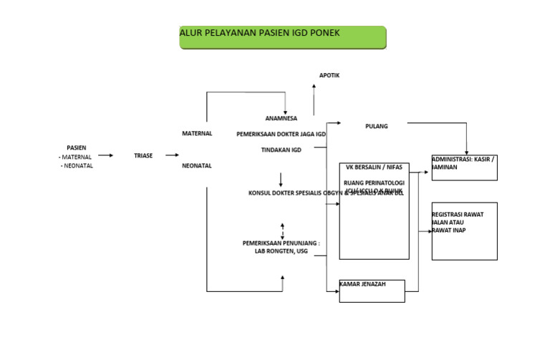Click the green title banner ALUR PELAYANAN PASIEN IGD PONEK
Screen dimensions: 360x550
click(x=282, y=37)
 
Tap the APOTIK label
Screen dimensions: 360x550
click(x=329, y=75)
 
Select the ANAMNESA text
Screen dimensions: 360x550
click(x=281, y=118)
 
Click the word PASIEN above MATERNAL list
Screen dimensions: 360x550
click(x=77, y=147)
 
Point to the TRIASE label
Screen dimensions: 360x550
click(x=143, y=155)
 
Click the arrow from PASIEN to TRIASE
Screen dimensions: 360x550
click(x=105, y=155)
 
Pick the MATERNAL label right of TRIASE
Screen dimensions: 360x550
click(x=197, y=133)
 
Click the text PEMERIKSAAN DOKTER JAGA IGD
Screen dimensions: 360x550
click(x=281, y=134)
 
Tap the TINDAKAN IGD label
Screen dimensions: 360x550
click(x=281, y=150)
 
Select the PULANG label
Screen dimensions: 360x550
click(x=376, y=126)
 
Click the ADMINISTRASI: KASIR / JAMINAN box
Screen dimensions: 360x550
click(x=464, y=167)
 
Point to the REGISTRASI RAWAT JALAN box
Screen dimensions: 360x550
click(x=464, y=230)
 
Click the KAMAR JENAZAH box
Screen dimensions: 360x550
click(x=372, y=291)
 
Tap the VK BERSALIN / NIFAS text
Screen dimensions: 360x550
click(x=374, y=168)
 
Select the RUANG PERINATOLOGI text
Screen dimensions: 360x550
click(x=374, y=183)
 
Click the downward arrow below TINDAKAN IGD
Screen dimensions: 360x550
click(x=281, y=179)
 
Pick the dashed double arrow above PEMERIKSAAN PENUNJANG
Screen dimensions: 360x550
click(x=283, y=229)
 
